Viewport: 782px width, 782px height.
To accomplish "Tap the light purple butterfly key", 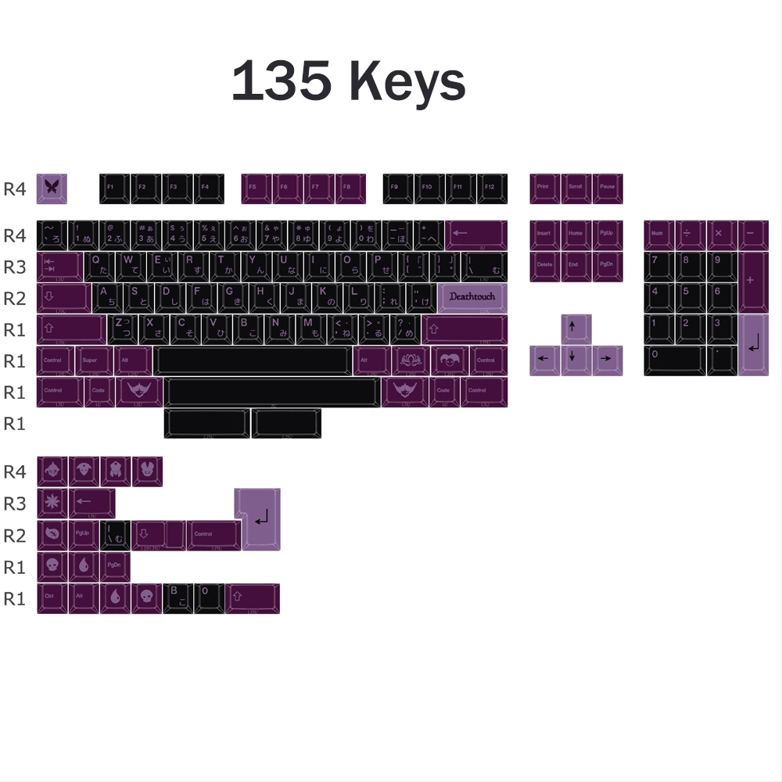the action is coord(52,188).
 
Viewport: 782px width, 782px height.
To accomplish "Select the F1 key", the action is coord(114,188).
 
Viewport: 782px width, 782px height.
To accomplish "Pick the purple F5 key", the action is coord(256,188).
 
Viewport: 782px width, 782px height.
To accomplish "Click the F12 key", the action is coord(492,188).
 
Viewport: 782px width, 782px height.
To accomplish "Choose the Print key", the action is coord(545,188).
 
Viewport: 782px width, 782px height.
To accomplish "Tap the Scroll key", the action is coord(576,188).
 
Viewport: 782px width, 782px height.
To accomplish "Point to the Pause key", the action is coord(608,188).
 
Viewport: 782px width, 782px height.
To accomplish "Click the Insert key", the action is coord(545,235).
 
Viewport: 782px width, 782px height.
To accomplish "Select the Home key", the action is coord(576,235).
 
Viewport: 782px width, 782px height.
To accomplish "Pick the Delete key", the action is coord(545,266).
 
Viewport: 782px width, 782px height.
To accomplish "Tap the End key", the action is coord(576,266).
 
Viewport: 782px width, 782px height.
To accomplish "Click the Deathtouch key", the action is coord(473,298).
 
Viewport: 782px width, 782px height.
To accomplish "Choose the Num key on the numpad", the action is coord(659,235).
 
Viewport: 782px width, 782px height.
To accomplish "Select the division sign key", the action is coord(691,235).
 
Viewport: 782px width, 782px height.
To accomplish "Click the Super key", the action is coord(91,361).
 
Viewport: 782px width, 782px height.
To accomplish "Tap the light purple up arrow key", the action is coord(576,329).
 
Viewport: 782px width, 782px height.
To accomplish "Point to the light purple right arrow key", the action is coord(608,361).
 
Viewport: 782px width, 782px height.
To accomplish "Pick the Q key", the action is coord(99,266).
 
